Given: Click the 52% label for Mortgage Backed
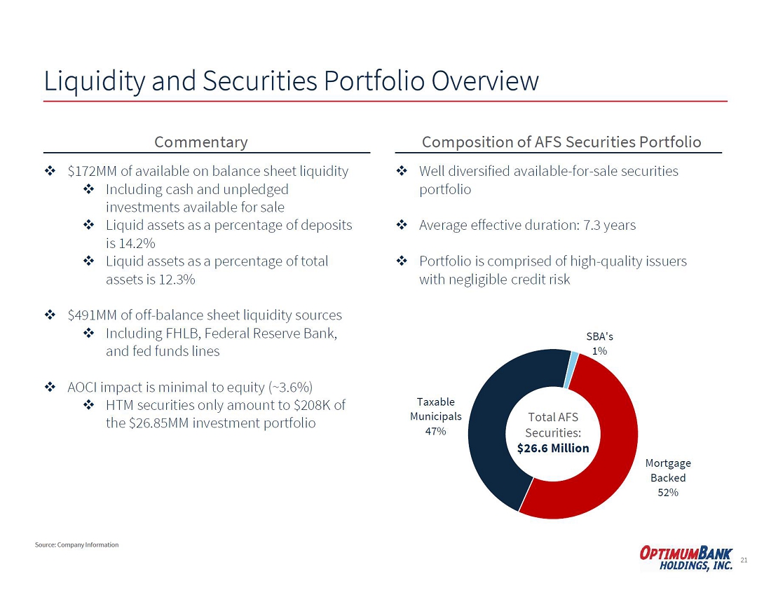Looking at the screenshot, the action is (668, 492).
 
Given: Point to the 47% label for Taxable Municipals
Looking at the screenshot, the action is (435, 431).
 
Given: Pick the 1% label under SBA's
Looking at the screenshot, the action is (599, 350).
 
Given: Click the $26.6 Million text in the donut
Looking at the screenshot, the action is (553, 448).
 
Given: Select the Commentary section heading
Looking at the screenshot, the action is (200, 142).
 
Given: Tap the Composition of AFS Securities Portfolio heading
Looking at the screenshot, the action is (561, 142).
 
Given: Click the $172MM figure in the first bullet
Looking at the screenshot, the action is (93, 171).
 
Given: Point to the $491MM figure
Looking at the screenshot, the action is (93, 315).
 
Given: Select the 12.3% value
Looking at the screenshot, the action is (177, 280).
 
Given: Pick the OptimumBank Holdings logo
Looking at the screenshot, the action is (686, 559).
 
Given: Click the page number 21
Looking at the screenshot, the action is (744, 560).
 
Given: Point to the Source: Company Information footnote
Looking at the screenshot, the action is (76, 545).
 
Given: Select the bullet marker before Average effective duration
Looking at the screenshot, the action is (402, 225).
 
